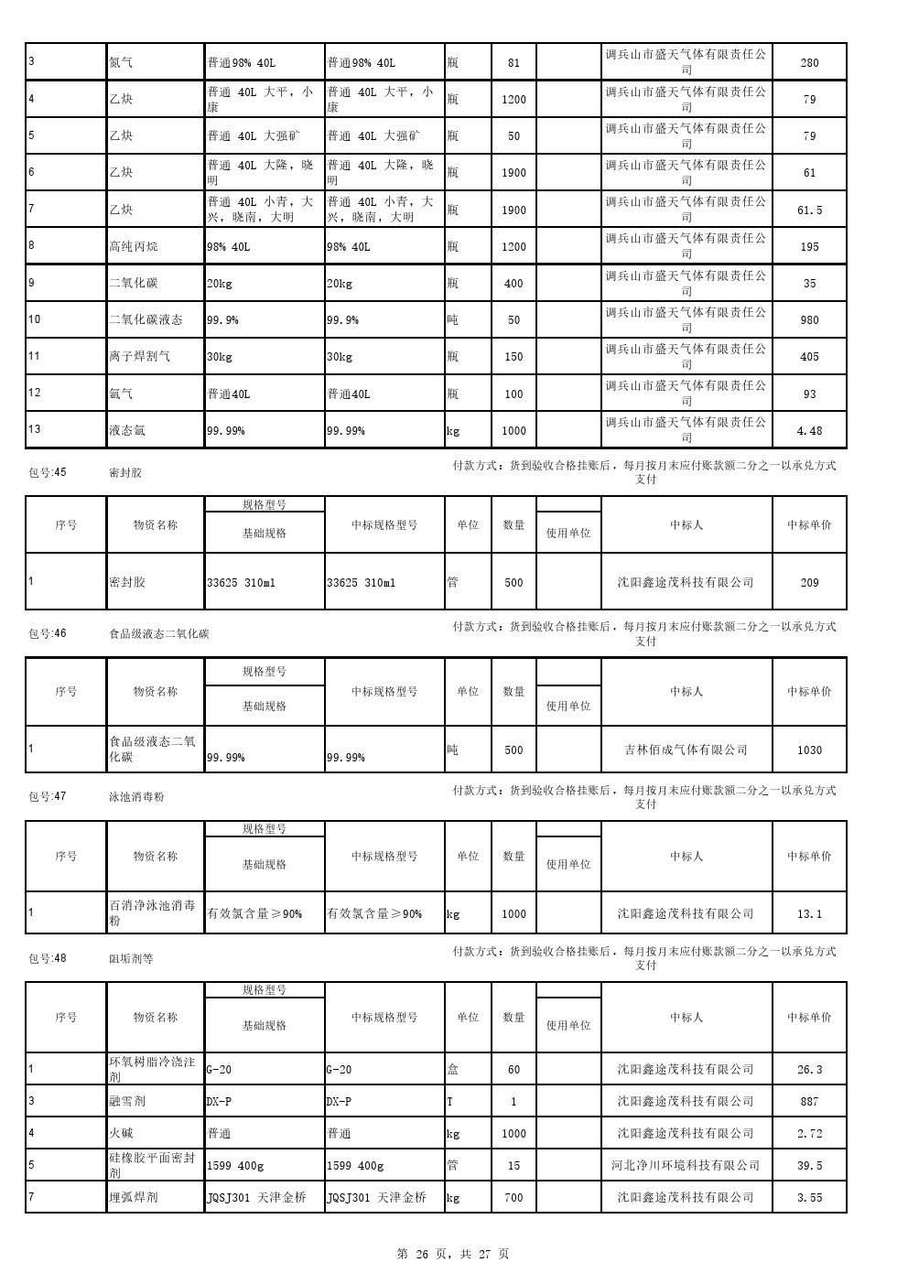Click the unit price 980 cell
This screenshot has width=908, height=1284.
(809, 320)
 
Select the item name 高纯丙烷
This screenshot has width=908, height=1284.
(134, 246)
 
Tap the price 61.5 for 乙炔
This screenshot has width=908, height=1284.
(809, 210)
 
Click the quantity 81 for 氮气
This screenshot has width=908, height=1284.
(513, 63)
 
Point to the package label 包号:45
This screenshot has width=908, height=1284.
(48, 473)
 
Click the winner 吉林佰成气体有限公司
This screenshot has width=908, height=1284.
(686, 750)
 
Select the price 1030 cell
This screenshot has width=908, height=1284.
(809, 750)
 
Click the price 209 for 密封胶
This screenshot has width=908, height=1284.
(809, 583)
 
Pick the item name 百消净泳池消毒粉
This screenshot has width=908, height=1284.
(153, 912)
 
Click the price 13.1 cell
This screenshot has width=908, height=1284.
(809, 913)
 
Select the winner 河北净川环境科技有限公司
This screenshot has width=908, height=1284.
(686, 1165)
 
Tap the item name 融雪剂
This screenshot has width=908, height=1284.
(127, 1101)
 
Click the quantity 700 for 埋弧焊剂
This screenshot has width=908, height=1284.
(513, 1197)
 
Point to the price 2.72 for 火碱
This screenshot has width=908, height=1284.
(809, 1133)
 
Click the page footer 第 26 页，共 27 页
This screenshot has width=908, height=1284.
(453, 1254)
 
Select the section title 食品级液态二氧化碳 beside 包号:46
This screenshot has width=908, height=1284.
(159, 633)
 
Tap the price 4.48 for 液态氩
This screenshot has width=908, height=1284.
(809, 430)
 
